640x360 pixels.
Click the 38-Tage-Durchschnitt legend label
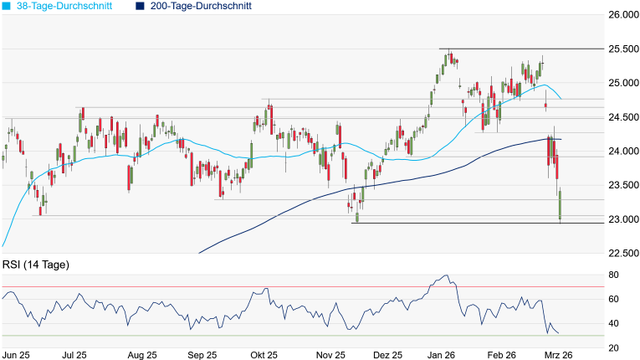coord(64,6)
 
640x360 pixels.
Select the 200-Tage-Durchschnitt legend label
coord(197,6)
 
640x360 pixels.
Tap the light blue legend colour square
coord(7,6)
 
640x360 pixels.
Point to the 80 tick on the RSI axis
coord(612,275)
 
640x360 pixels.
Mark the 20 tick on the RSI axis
coord(612,347)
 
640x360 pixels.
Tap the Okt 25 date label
coord(264,355)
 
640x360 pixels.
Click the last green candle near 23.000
coord(560,205)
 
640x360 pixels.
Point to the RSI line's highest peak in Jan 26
coord(447,275)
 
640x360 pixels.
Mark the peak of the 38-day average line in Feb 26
coord(541,85)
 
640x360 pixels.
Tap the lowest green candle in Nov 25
coord(356,217)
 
